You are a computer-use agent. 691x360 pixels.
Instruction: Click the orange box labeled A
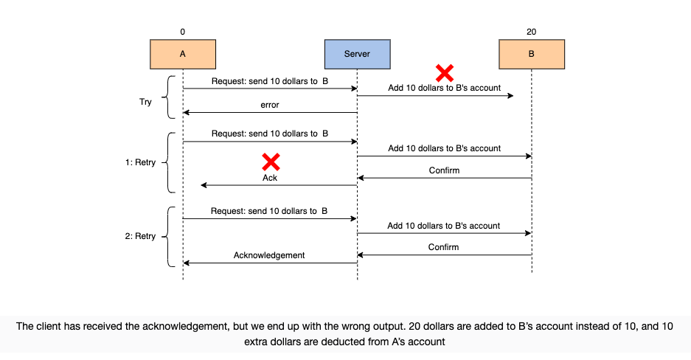click(183, 54)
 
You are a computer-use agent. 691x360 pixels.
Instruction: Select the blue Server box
click(358, 54)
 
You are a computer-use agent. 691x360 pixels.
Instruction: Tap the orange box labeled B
click(532, 54)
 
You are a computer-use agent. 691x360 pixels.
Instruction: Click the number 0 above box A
click(182, 32)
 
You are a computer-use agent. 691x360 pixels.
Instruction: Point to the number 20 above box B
click(532, 32)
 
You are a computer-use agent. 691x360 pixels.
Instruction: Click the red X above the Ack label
click(271, 162)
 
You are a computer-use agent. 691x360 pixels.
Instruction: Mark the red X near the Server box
click(445, 73)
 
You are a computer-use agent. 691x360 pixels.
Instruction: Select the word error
click(270, 105)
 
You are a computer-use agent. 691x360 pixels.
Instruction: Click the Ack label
click(270, 178)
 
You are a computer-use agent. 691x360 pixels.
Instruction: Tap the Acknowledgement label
click(269, 255)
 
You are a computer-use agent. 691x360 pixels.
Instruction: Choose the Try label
click(145, 102)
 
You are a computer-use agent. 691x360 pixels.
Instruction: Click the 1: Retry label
click(140, 162)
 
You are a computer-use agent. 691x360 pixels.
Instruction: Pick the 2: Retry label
click(140, 236)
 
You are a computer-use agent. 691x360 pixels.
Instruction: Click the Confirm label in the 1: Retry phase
click(444, 170)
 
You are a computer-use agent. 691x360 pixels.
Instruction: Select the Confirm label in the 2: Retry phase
click(443, 247)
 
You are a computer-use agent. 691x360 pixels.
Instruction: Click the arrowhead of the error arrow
click(186, 112)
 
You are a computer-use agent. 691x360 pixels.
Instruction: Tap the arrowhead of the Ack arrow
click(204, 185)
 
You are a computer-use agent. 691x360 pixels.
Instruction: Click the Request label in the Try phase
click(270, 81)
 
